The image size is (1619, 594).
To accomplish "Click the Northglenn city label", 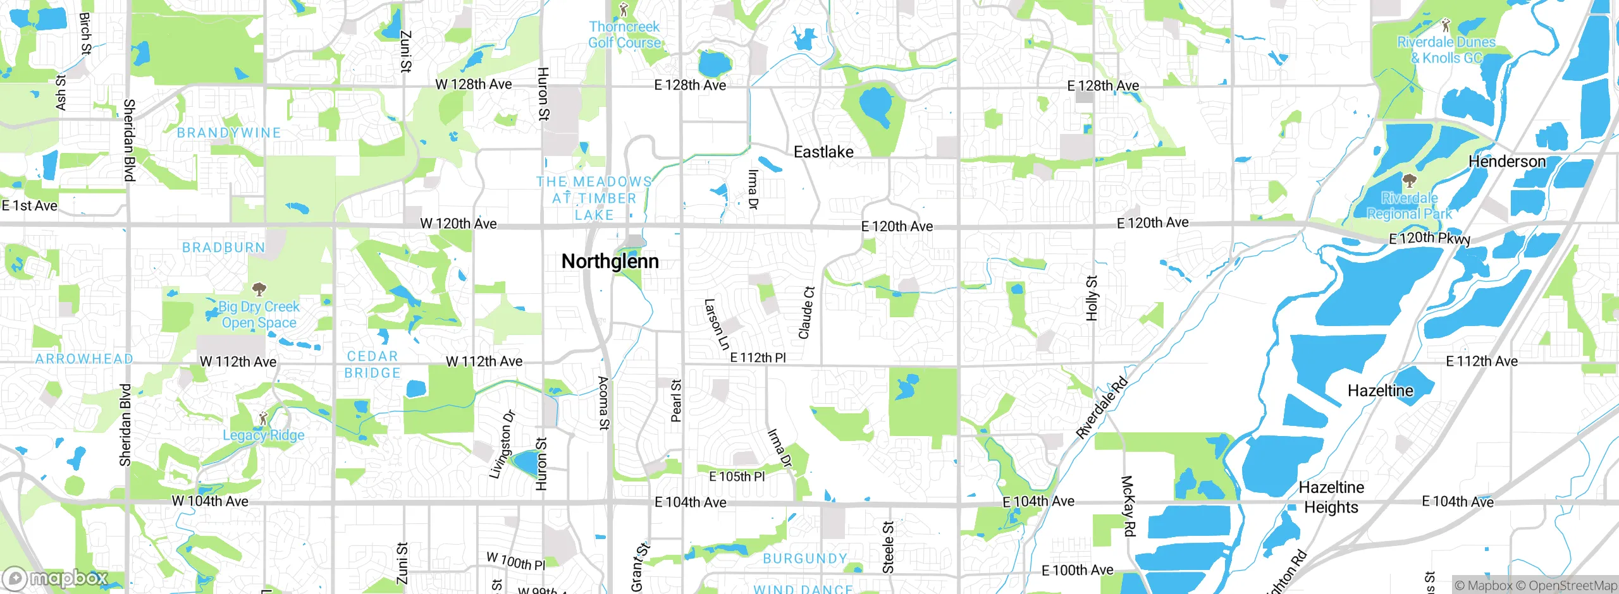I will (x=610, y=261).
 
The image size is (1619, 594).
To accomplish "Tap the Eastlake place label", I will (x=823, y=152).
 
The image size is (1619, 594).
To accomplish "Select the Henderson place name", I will (x=1506, y=162).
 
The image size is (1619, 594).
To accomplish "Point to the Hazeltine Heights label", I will (x=1331, y=497).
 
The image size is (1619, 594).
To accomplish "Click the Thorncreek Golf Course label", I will (x=624, y=35).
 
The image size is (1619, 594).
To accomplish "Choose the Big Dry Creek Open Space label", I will (x=259, y=315).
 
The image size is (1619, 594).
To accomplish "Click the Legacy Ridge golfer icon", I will (x=264, y=418).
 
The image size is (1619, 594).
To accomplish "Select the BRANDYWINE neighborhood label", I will (x=229, y=133).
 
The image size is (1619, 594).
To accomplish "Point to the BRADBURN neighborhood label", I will (x=224, y=247).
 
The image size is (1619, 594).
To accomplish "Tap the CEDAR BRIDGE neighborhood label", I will (x=372, y=365).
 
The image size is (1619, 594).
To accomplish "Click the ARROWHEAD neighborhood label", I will (x=84, y=359).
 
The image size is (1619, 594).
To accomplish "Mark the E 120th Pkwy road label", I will (x=1429, y=238).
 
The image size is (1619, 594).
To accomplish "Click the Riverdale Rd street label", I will (x=1101, y=408).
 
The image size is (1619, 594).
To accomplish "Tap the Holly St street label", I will (x=1092, y=298).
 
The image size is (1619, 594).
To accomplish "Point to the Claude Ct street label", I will (x=806, y=313).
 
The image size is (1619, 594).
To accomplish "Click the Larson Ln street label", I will (x=717, y=324).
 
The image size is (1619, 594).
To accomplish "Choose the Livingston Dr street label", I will (x=502, y=444).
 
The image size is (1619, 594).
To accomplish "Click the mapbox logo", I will (x=56, y=578).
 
